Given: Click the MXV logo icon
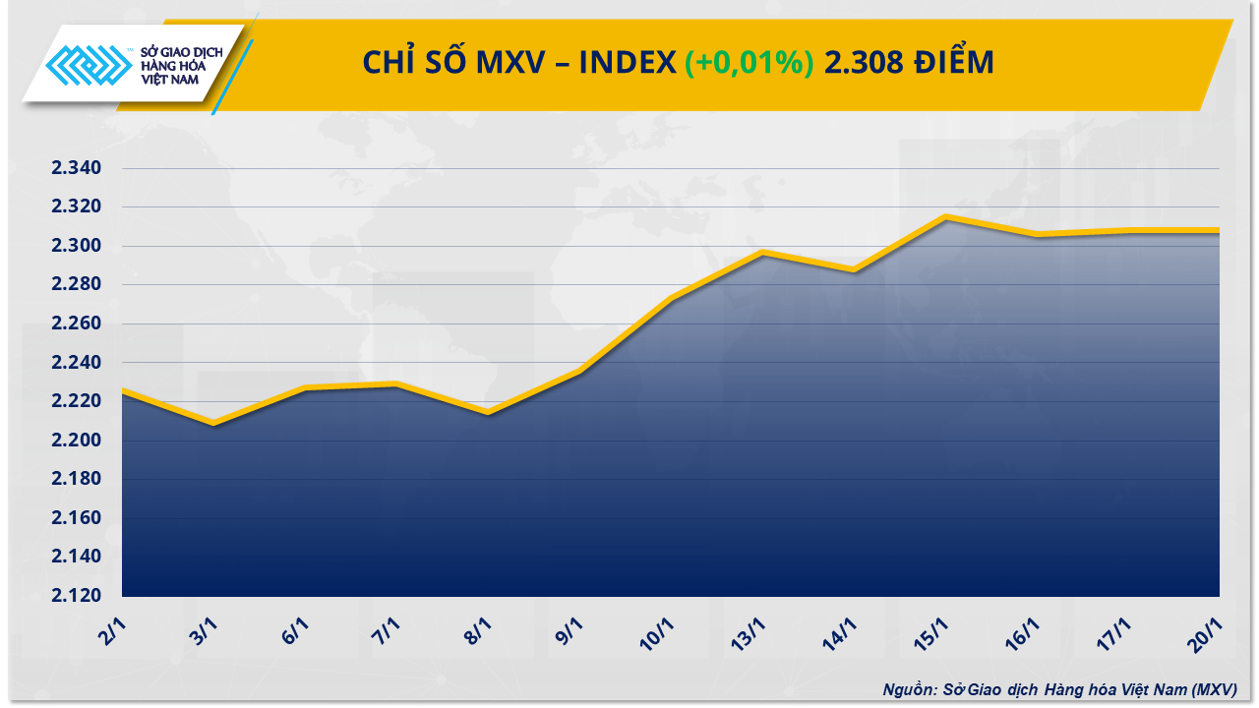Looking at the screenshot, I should tap(90, 66).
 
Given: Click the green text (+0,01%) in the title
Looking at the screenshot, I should tap(749, 63).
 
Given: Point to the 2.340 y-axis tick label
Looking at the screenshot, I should tap(77, 168).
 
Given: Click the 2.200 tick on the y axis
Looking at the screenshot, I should tap(77, 441).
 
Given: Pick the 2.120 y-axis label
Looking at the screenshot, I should tap(77, 596).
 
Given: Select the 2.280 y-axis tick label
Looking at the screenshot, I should tap(77, 285).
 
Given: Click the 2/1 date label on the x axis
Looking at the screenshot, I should tap(113, 631).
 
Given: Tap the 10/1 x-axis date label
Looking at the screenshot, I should tap(659, 631).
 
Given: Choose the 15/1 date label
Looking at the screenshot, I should tap(932, 631).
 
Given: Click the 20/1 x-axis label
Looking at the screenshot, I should tap(1206, 631).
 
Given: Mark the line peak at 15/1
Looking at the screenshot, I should tap(945, 216).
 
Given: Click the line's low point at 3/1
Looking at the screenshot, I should tap(213, 424).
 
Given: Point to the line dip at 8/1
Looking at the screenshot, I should tap(488, 412).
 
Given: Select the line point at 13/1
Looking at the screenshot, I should tap(762, 253).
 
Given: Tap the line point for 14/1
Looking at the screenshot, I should tap(854, 270).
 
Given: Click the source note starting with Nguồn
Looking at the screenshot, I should tap(1059, 689).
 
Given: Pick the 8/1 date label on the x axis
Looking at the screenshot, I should tap(477, 631).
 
